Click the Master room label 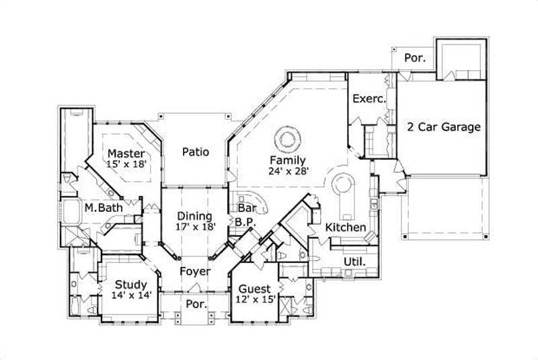pos(126,154)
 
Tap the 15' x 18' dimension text pos(126,165)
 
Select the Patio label pos(195,152)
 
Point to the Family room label pos(289,161)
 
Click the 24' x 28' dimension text pos(289,172)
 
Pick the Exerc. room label pos(369,98)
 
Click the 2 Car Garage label pos(443,127)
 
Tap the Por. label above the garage pos(415,59)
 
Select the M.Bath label pos(104,208)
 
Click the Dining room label pos(195,216)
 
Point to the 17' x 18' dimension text pos(195,227)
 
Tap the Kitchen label pos(346,227)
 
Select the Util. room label pos(354,261)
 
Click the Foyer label pos(195,272)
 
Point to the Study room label pos(126,284)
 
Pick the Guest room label pos(254,289)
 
